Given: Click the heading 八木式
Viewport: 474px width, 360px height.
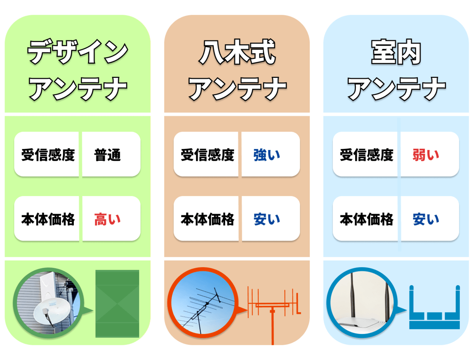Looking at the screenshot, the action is tap(237, 52).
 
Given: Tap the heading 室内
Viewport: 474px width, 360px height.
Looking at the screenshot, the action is tap(396, 52).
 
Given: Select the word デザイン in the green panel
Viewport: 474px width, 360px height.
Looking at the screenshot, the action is tap(78, 52).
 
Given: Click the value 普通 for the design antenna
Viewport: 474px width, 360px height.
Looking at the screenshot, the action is tap(107, 155).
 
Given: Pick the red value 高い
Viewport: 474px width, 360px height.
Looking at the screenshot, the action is tap(107, 219).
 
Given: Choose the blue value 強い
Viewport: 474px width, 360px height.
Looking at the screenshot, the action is tap(267, 155).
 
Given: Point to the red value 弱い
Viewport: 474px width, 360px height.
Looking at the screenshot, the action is tap(425, 155).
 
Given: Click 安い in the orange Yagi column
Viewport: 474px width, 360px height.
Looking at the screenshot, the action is tap(267, 219).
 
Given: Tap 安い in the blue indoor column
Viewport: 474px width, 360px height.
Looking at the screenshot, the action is tap(425, 219).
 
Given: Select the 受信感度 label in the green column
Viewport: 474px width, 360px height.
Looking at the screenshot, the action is tap(48, 155).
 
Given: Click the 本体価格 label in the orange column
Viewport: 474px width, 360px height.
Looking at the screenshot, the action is tap(207, 219).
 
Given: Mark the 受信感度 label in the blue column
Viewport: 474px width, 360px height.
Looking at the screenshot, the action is tap(367, 155).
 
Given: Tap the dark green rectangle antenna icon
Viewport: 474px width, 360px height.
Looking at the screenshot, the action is tap(117, 303).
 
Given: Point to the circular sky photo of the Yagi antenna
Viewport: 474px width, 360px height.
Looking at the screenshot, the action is tap(203, 303).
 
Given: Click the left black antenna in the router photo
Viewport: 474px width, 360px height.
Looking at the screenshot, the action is tap(353, 295).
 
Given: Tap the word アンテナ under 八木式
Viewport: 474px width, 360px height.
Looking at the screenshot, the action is tap(237, 89).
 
